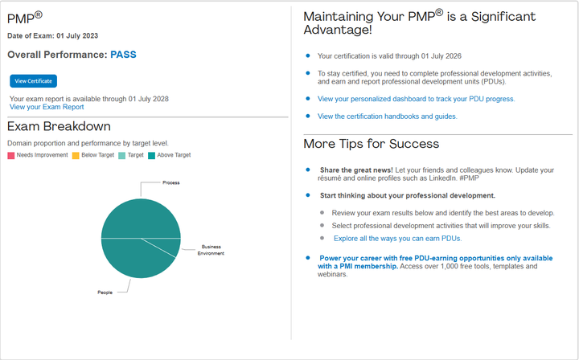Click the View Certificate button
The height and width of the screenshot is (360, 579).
pyautogui.click(x=34, y=81)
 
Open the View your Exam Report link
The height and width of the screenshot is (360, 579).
pyautogui.click(x=47, y=107)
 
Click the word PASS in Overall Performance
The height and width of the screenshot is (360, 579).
pyautogui.click(x=123, y=55)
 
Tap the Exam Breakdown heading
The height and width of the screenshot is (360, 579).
pyautogui.click(x=59, y=127)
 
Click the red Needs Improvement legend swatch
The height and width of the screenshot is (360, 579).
pyautogui.click(x=11, y=155)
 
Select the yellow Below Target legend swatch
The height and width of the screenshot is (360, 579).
pyautogui.click(x=76, y=155)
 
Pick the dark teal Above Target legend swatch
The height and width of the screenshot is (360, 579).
pyautogui.click(x=152, y=155)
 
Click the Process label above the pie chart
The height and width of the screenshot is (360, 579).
pyautogui.click(x=170, y=183)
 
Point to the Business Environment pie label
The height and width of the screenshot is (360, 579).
pyautogui.click(x=211, y=250)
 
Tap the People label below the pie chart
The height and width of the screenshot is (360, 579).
pyautogui.click(x=105, y=292)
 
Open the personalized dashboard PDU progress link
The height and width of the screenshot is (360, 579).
pyautogui.click(x=416, y=99)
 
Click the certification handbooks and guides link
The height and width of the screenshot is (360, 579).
pyautogui.click(x=387, y=117)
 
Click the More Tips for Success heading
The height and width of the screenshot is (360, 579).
pyautogui.click(x=371, y=144)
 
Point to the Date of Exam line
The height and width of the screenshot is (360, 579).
pyautogui.click(x=52, y=35)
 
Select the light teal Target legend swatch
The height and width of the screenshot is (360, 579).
pyautogui.click(x=121, y=155)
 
